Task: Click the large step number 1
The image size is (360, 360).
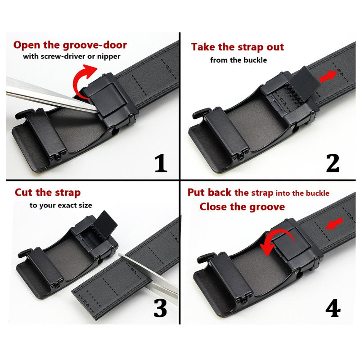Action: pyautogui.click(x=161, y=163)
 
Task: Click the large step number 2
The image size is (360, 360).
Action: pyautogui.click(x=333, y=163)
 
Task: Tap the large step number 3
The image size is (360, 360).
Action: pyautogui.click(x=160, y=308)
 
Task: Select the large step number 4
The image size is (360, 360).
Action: pyautogui.click(x=333, y=308)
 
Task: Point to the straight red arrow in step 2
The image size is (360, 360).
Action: pyautogui.click(x=328, y=76)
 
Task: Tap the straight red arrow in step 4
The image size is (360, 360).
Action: pyautogui.click(x=334, y=224)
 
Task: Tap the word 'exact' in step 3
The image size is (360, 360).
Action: pyautogui.click(x=68, y=205)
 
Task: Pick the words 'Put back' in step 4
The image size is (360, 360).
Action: pyautogui.click(x=209, y=193)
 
